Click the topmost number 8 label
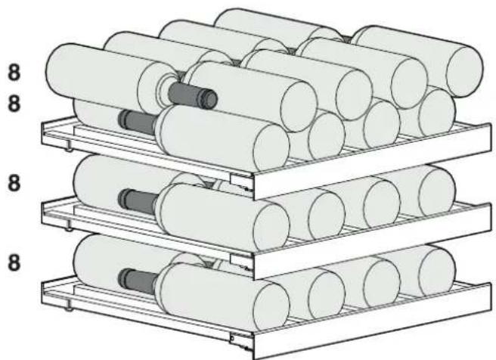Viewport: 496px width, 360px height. click(x=14, y=73)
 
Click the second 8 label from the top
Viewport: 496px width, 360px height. click(x=14, y=104)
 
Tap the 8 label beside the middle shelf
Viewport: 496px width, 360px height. click(x=14, y=184)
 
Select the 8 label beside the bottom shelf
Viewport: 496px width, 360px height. click(x=14, y=263)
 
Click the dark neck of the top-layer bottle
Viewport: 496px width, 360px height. click(x=192, y=95)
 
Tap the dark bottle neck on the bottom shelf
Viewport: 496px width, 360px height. click(x=138, y=281)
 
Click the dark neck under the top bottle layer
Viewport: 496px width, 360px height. click(x=138, y=122)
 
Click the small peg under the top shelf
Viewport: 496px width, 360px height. click(x=68, y=149)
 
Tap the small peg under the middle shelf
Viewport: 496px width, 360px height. click(x=68, y=228)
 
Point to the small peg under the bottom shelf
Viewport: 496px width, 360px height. click(x=68, y=309)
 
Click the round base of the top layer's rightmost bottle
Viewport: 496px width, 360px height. click(x=464, y=72)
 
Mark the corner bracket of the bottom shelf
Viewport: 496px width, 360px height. click(x=242, y=341)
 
